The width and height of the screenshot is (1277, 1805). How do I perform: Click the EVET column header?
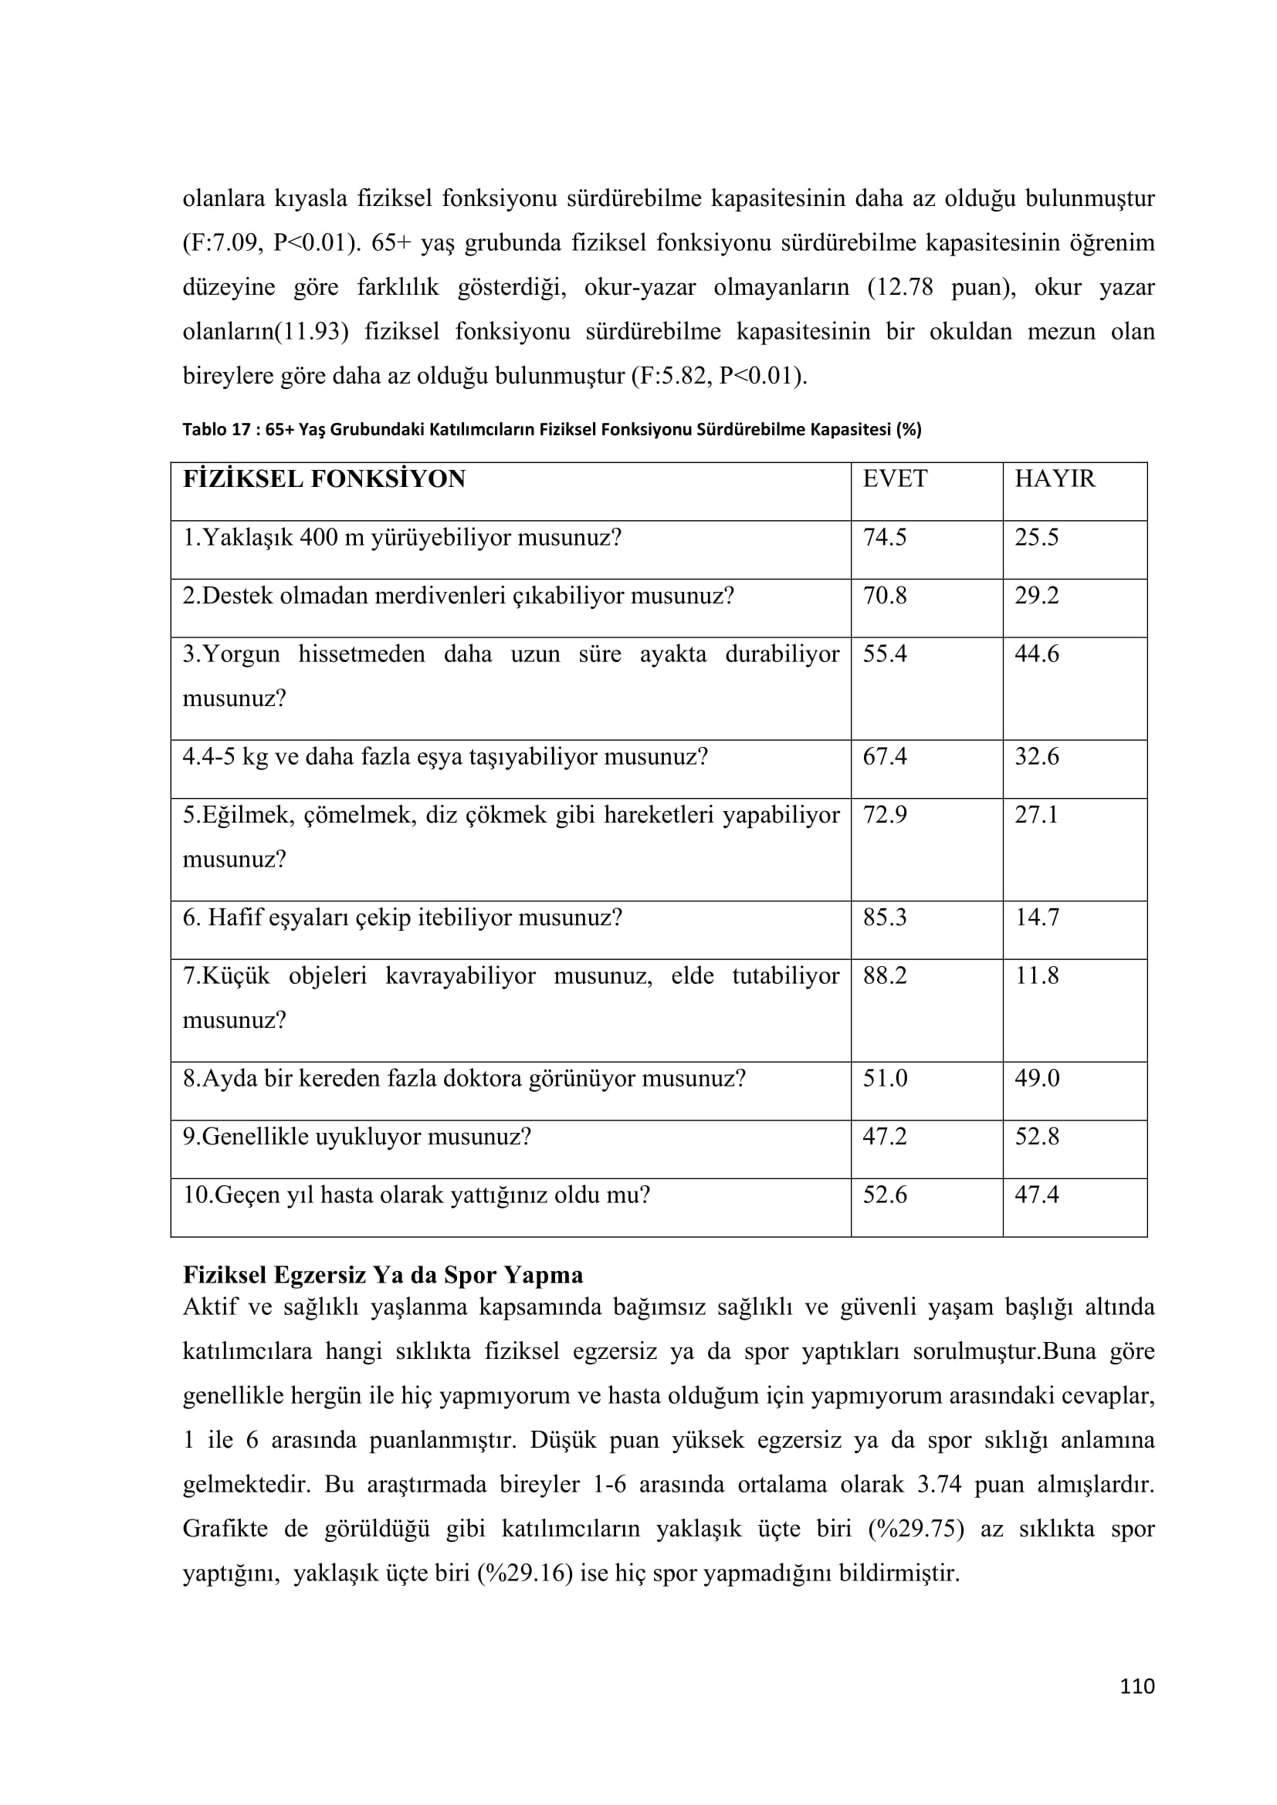click(x=894, y=478)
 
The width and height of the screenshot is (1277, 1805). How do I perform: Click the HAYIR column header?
click(x=1054, y=478)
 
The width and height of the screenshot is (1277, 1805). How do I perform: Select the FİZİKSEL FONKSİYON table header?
click(x=324, y=478)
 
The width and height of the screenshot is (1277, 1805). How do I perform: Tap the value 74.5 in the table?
click(x=885, y=538)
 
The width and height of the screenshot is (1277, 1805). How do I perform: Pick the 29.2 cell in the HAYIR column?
click(x=1036, y=596)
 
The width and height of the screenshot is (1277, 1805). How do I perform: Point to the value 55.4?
click(x=885, y=654)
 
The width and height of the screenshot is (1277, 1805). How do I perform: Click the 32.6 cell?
click(x=1036, y=757)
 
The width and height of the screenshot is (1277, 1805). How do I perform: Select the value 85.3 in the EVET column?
click(x=885, y=918)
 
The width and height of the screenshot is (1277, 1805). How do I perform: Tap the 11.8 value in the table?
click(x=1036, y=975)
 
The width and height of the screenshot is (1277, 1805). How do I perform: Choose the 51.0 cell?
click(x=885, y=1078)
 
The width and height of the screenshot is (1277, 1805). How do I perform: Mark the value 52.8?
click(x=1036, y=1137)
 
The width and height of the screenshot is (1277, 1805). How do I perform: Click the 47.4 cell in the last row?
click(x=1036, y=1195)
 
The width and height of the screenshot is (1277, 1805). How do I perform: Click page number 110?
click(x=1137, y=1686)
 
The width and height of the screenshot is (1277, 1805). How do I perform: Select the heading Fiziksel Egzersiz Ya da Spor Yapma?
click(x=383, y=1275)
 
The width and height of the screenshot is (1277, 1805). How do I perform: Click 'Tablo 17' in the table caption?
click(x=216, y=430)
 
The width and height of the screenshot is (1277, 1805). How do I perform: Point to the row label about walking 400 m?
click(x=401, y=538)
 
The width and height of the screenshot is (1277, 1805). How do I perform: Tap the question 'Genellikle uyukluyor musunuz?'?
click(x=357, y=1137)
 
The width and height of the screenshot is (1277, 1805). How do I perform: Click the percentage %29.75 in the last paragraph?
click(x=916, y=1529)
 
